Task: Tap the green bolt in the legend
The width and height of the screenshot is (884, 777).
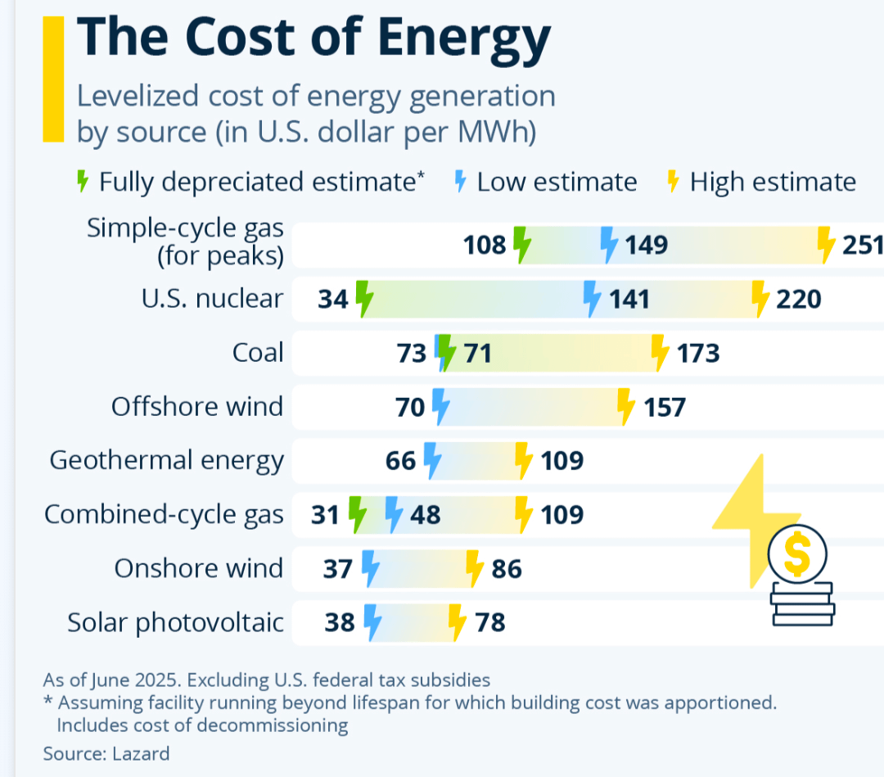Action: [x=82, y=182]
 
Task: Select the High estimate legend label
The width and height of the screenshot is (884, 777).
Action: [x=773, y=182]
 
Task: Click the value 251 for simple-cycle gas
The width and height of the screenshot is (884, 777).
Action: [x=864, y=245]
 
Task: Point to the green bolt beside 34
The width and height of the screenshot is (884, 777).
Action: [x=364, y=299]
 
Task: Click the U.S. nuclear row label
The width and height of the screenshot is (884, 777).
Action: [x=212, y=299]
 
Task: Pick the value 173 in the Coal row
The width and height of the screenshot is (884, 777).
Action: [x=698, y=353]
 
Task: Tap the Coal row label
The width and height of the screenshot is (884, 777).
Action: [x=258, y=353]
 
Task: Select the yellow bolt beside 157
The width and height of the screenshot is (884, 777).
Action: [x=626, y=407]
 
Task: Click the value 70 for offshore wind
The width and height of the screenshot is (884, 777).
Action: [x=410, y=407]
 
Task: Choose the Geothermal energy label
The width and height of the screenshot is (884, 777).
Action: [x=166, y=460]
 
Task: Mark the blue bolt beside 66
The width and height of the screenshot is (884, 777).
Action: [x=432, y=460]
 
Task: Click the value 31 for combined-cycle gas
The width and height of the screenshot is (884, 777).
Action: [x=326, y=514]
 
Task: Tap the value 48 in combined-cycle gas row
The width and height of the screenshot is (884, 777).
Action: [x=424, y=514]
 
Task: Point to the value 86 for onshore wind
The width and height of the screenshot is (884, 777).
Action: [x=507, y=568]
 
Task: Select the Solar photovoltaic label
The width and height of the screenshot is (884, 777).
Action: [x=175, y=623]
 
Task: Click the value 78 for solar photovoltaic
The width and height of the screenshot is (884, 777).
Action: [x=489, y=623]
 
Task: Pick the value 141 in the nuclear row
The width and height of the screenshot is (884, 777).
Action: [x=629, y=299]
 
